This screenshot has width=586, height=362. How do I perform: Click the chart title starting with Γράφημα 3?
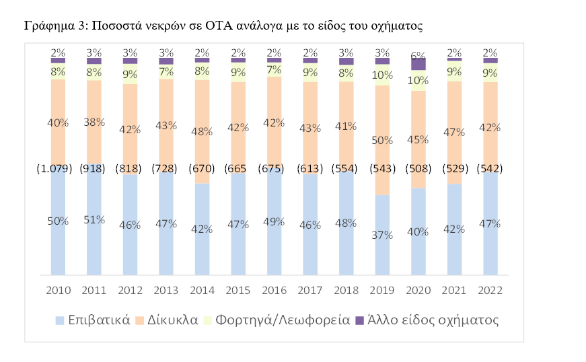coord(223,26)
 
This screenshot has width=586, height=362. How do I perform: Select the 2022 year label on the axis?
coord(490,290)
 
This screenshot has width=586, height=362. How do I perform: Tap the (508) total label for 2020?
coord(418,168)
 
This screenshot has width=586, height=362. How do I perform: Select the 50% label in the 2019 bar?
coord(382,140)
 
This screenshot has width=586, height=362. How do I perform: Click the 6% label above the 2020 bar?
coord(418,57)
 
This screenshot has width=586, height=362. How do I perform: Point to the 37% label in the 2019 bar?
coord(382,235)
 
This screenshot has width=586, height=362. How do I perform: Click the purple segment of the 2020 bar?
coord(418,65)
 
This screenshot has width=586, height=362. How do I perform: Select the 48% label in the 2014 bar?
coord(202,132)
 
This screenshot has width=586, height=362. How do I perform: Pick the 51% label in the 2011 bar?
coord(94,220)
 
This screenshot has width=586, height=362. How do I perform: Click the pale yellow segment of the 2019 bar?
coord(382,75)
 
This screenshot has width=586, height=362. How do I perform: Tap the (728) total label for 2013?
coord(166,168)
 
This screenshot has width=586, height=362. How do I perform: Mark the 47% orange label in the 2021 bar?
coord(454,132)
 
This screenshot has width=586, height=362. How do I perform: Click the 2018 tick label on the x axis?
coord(346,290)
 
